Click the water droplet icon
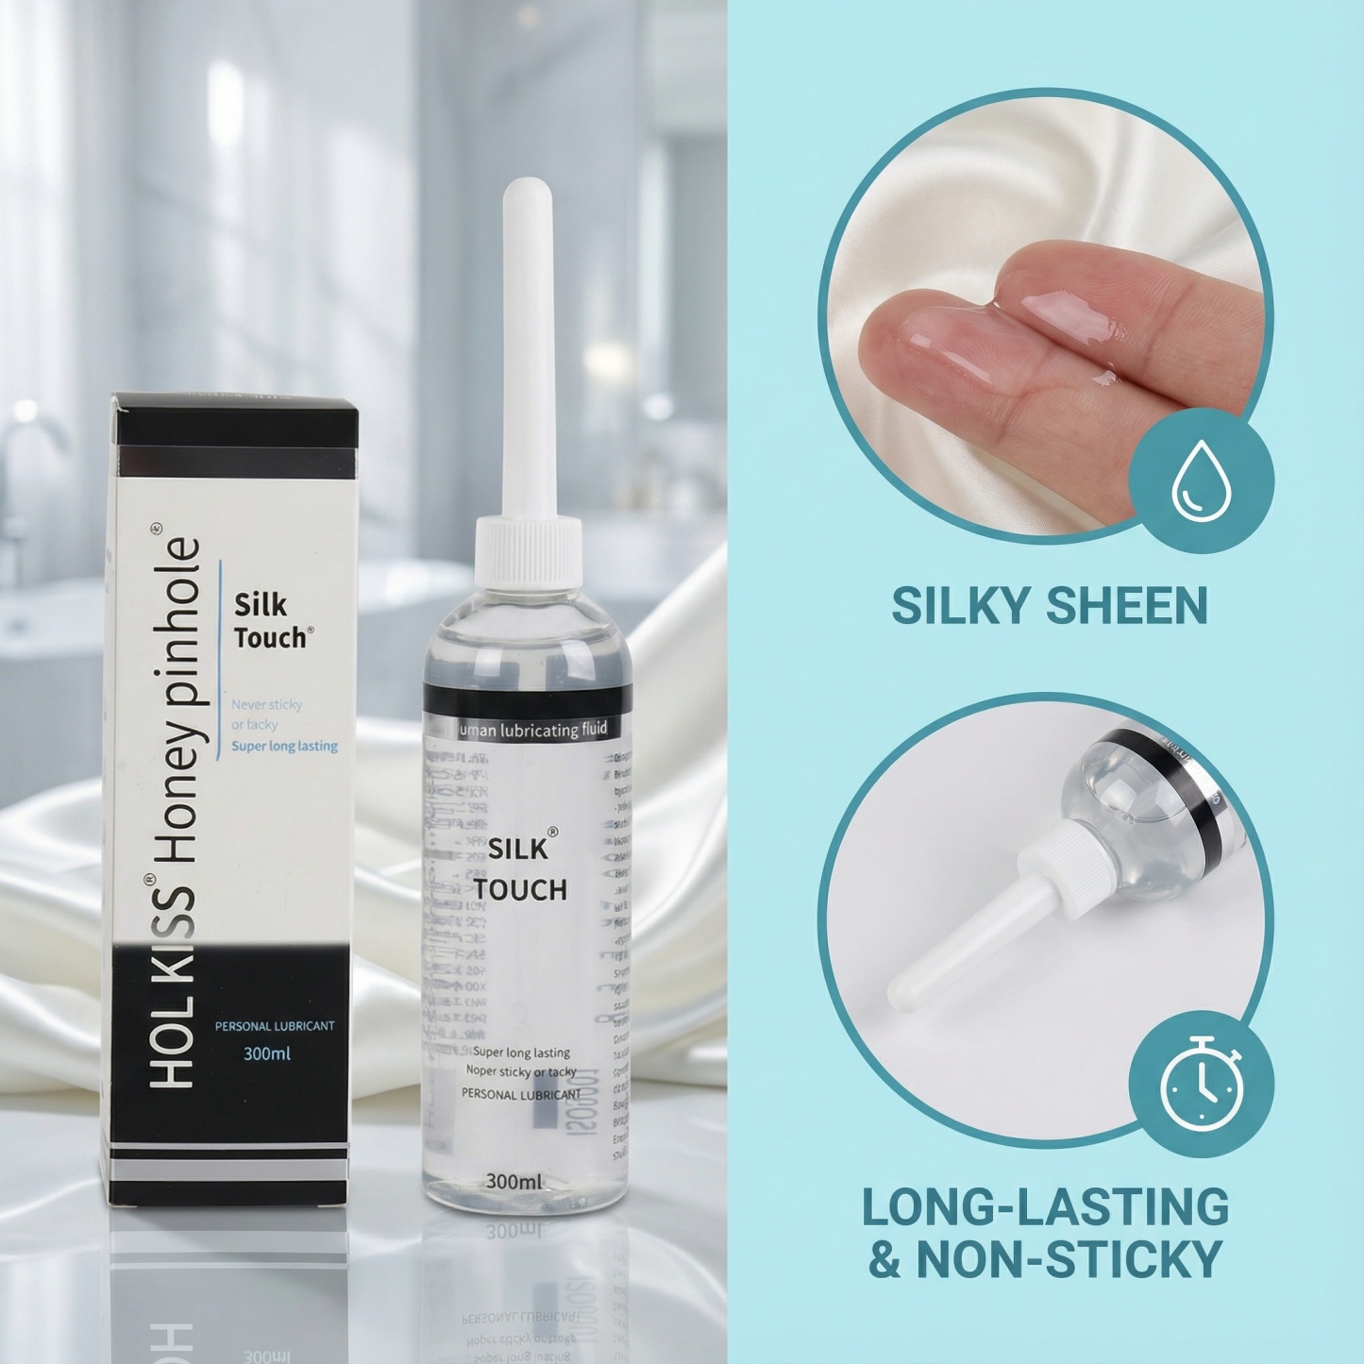[x=1201, y=484]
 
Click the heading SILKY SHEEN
[x=1049, y=605]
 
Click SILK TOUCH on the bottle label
[x=520, y=869]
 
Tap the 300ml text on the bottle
[x=513, y=1181]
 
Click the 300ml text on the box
[x=266, y=1053]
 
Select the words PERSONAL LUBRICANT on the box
[x=275, y=1025]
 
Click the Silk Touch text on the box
[x=268, y=620]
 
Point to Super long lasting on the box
[x=284, y=746]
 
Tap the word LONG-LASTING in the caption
[x=1046, y=1206]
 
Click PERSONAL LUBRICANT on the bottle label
[x=520, y=1095]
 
